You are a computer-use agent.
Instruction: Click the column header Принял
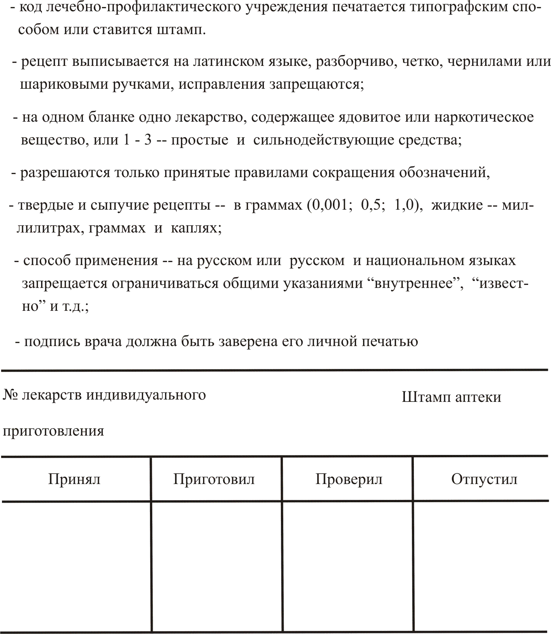pyautogui.click(x=74, y=479)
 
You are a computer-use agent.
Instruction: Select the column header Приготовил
pyautogui.click(x=214, y=479)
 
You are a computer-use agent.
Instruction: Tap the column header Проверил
pyautogui.click(x=349, y=479)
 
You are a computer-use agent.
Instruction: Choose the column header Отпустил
pyautogui.click(x=484, y=479)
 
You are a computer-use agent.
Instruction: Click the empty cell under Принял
pyautogui.click(x=76, y=566)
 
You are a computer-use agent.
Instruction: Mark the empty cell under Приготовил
pyautogui.click(x=216, y=566)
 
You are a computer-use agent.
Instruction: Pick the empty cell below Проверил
pyautogui.click(x=348, y=566)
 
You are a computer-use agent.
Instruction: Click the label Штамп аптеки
pyautogui.click(x=451, y=397)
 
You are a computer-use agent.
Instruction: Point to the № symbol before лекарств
pyautogui.click(x=10, y=395)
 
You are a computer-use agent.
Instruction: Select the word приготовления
pyautogui.click(x=53, y=431)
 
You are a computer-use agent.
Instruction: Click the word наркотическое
pyautogui.click(x=484, y=117)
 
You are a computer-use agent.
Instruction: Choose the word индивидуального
pyautogui.click(x=146, y=395)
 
